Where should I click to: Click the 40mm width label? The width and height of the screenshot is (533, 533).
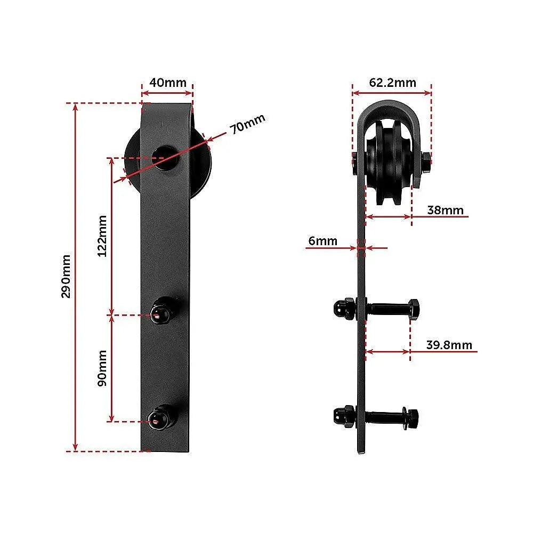click(x=167, y=83)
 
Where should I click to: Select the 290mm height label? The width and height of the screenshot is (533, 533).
click(x=66, y=277)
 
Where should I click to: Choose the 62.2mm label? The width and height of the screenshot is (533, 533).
click(x=392, y=83)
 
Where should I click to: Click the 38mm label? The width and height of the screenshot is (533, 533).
click(x=445, y=210)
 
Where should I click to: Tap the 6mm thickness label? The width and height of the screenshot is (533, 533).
click(x=322, y=241)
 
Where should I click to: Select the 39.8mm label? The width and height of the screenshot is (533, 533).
click(x=449, y=345)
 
